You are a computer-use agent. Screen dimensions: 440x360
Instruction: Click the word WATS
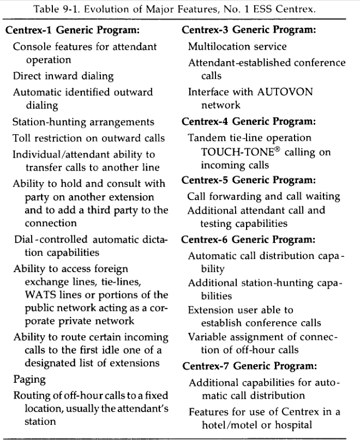[x=37, y=295]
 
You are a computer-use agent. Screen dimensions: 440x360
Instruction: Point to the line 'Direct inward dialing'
[x=63, y=76]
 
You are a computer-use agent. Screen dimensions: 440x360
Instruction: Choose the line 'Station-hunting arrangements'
[x=83, y=122]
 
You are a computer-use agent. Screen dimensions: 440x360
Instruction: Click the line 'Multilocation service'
[x=237, y=46]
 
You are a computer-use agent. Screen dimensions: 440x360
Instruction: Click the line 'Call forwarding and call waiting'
[x=263, y=196]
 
